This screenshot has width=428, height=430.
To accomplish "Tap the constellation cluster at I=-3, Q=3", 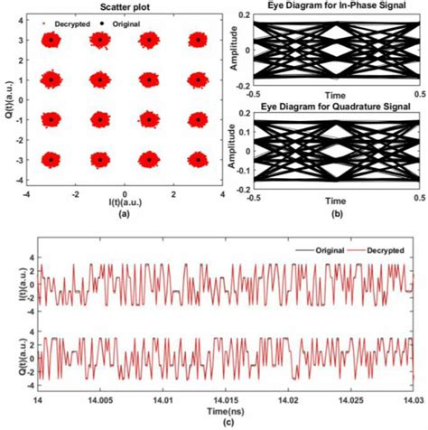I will click(51, 40).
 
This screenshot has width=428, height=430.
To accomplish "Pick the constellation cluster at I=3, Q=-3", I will click(198, 159).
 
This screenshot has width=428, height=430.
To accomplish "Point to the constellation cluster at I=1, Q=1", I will click(149, 79).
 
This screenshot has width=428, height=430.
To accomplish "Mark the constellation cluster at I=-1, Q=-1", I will click(100, 119).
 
